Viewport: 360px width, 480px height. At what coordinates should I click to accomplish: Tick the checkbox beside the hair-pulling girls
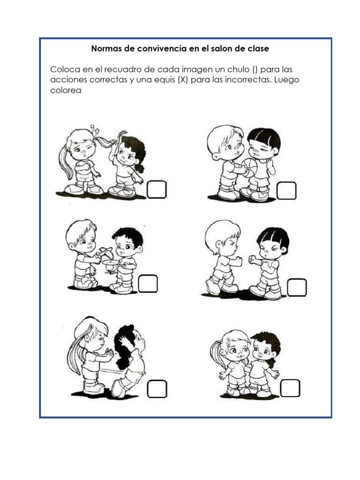[x=157, y=189]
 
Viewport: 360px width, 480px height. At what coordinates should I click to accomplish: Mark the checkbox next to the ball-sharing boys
[x=286, y=190]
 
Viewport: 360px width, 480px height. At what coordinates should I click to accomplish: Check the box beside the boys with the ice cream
[x=148, y=284]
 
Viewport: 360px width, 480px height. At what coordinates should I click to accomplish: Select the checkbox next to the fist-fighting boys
[x=297, y=287]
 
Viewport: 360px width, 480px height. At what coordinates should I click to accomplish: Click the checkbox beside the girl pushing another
[x=157, y=389]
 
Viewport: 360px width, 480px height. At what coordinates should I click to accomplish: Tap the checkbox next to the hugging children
[x=290, y=388]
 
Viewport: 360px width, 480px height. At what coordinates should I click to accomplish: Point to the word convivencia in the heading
[x=162, y=49]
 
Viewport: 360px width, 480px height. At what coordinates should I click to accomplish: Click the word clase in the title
[x=258, y=49]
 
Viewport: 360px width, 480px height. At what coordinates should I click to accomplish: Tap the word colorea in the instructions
[x=66, y=90]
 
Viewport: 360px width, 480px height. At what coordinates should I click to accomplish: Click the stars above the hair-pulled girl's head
[x=95, y=129]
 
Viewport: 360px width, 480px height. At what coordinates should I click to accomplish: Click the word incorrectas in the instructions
[x=248, y=80]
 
